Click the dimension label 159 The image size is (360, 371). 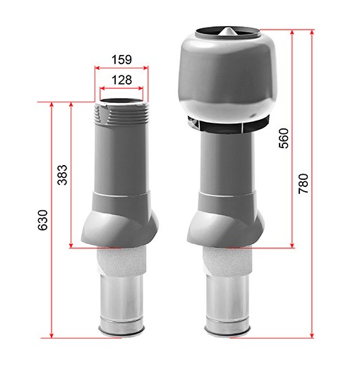121,60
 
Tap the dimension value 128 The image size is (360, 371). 121,80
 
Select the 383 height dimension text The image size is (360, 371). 63,175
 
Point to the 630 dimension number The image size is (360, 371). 42,220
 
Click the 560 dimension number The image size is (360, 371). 284,138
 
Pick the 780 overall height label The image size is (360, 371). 304,184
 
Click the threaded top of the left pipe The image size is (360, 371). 121,113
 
